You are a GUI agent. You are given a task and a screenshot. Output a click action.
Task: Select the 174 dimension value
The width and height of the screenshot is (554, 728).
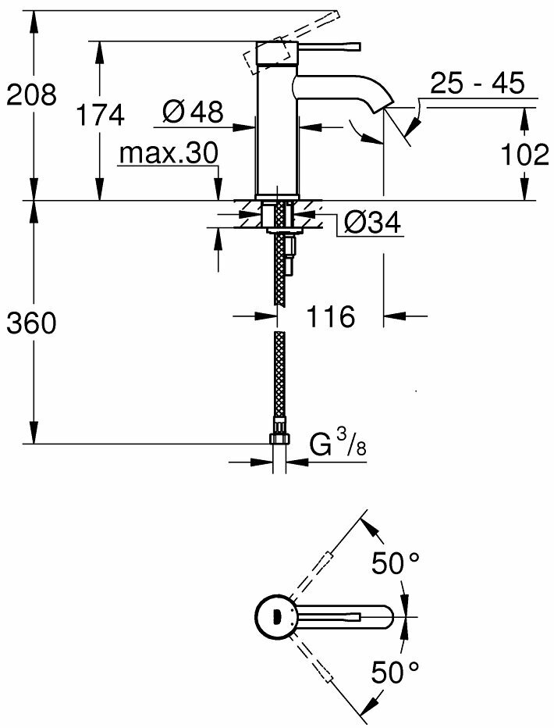(99, 116)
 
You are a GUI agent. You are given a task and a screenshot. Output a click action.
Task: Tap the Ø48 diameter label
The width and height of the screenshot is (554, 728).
(193, 113)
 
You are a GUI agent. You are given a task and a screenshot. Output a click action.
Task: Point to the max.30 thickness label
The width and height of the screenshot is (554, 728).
(169, 154)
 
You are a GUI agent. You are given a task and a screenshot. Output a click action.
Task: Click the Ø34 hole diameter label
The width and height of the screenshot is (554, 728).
(371, 224)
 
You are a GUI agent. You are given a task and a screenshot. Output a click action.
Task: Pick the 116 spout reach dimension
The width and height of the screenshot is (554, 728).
(332, 317)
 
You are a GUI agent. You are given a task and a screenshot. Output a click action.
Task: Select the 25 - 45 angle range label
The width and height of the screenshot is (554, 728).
(477, 84)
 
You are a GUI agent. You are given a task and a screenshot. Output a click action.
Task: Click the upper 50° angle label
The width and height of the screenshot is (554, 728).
(395, 563)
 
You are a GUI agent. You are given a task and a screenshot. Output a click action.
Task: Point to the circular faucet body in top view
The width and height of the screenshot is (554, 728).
(275, 616)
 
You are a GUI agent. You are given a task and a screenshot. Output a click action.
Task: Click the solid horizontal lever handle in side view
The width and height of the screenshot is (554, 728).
(328, 46)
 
